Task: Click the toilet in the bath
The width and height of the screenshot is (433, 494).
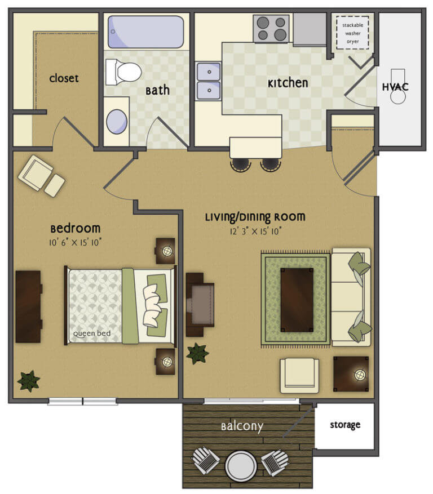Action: coord(125,72)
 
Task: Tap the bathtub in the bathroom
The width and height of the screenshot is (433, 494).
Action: coord(145,32)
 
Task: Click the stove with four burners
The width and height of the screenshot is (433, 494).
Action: coord(271,28)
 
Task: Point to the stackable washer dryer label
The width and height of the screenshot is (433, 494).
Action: coord(352,33)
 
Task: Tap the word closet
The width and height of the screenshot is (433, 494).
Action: coord(64,78)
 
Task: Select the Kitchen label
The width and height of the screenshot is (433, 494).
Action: coord(288,83)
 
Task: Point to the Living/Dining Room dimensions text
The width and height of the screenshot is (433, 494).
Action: coord(255,230)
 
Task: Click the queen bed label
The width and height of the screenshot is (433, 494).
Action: coord(91,333)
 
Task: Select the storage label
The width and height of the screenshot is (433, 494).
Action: coord(345,425)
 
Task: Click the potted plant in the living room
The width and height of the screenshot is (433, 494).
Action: coord(197,353)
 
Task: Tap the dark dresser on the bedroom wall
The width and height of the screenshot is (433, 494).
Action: coord(28,306)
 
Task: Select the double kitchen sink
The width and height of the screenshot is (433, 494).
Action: coord(208,81)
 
